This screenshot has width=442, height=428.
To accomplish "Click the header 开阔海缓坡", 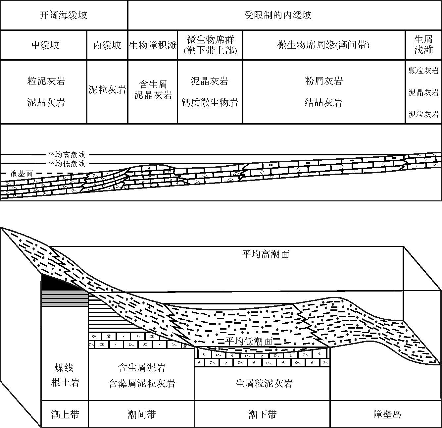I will click(63, 15).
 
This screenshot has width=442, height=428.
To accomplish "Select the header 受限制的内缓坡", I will click(278, 15).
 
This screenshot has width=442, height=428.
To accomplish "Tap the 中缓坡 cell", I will click(45, 45).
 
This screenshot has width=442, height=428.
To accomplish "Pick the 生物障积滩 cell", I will click(153, 45).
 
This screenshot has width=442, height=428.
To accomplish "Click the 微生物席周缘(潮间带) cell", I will click(323, 45).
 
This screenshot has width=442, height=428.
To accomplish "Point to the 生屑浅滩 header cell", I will click(423, 45).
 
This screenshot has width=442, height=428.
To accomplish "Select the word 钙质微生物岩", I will click(210, 102).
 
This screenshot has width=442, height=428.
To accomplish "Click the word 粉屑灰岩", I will click(323, 81).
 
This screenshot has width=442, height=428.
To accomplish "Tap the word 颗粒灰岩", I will click(423, 71).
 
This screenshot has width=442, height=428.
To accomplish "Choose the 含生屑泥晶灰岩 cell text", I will click(153, 89).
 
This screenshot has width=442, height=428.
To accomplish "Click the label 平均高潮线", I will click(67, 155).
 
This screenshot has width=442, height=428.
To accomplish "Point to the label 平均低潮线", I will click(67, 164).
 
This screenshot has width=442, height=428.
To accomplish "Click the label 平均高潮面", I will click(266, 254).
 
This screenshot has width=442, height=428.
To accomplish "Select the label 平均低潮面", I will click(249, 341).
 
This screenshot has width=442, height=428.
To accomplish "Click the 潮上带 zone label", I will click(65, 414).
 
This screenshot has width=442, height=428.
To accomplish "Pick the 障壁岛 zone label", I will click(387, 414).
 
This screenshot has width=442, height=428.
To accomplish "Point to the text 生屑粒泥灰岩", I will click(264, 383).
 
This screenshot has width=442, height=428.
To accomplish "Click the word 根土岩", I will click(65, 383).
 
